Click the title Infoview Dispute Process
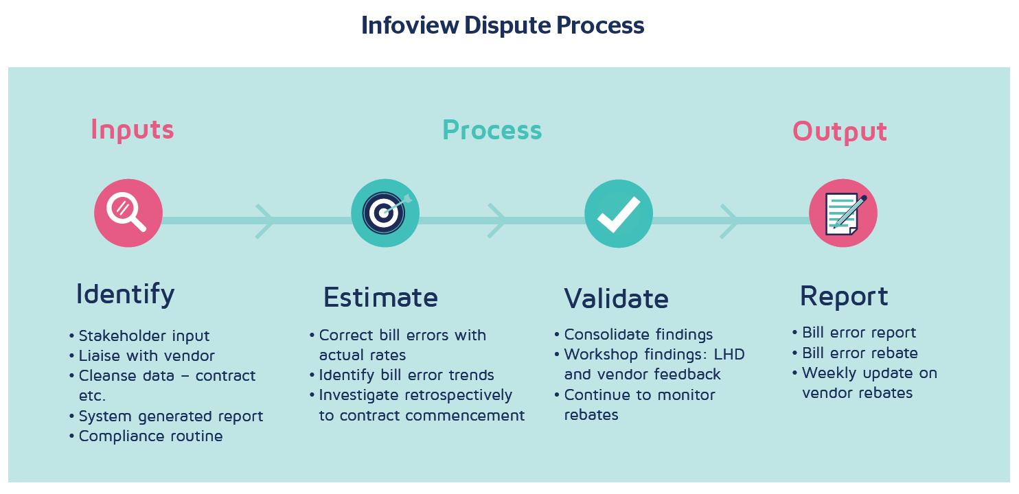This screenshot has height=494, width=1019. pyautogui.click(x=503, y=25)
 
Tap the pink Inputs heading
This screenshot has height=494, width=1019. pyautogui.click(x=132, y=130)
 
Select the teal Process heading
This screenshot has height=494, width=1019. pyautogui.click(x=492, y=130)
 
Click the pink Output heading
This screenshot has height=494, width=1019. pyautogui.click(x=839, y=132)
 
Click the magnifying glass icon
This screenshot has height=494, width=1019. pyautogui.click(x=128, y=213)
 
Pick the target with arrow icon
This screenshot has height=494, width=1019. pyautogui.click(x=385, y=213)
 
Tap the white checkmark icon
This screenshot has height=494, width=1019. pyautogui.click(x=618, y=213)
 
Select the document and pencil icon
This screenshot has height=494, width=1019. pyautogui.click(x=843, y=213)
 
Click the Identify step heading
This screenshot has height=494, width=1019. pyautogui.click(x=125, y=294)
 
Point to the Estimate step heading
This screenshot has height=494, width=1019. pyautogui.click(x=380, y=298)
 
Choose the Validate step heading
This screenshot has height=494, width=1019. pyautogui.click(x=616, y=298)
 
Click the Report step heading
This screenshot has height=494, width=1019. pyautogui.click(x=844, y=296)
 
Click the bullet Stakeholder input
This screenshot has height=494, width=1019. pyautogui.click(x=144, y=336)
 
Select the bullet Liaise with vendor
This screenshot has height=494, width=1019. pyautogui.click(x=146, y=356)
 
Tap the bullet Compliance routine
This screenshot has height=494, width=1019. pyautogui.click(x=150, y=436)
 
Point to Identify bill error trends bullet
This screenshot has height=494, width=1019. pyautogui.click(x=406, y=375)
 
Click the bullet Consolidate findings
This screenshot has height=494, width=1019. pyautogui.click(x=638, y=335)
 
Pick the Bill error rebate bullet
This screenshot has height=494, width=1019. pyautogui.click(x=859, y=353)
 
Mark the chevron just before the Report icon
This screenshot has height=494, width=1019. pyautogui.click(x=729, y=221)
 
